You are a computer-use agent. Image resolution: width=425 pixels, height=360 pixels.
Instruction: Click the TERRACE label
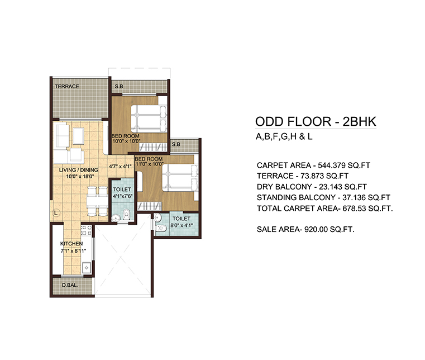click(67, 87)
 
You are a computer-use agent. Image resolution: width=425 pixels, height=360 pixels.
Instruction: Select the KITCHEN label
click(71, 244)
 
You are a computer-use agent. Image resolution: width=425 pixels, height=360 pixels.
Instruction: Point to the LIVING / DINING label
click(79, 169)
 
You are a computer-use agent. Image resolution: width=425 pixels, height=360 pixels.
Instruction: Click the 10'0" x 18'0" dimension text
click(79, 176)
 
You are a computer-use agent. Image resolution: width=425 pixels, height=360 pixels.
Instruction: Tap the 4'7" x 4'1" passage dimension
click(120, 166)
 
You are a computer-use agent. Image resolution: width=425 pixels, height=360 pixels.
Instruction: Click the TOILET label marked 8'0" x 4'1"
click(181, 219)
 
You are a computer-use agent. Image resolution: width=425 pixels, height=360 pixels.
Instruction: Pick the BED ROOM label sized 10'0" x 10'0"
click(125, 136)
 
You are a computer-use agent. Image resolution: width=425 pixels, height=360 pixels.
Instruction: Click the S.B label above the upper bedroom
click(119, 87)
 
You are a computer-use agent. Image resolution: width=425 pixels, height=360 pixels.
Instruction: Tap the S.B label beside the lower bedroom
click(176, 144)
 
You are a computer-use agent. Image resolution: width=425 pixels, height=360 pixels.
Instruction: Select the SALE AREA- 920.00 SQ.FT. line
click(306, 229)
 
